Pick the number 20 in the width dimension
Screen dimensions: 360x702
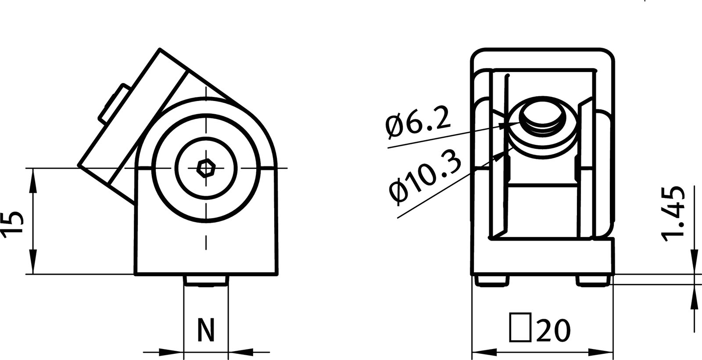coord(553,330)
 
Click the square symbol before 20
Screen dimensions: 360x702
coord(520,328)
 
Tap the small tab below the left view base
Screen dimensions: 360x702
coord(206,281)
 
